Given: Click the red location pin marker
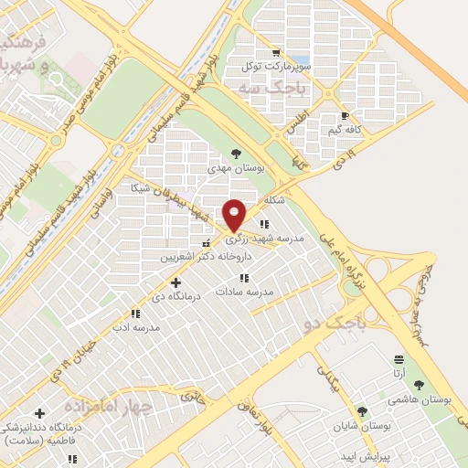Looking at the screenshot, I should click(234, 215).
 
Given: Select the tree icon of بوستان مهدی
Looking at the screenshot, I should click(237, 154).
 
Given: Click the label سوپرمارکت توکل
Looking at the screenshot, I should click(277, 67).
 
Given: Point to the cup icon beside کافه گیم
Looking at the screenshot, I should click(345, 116).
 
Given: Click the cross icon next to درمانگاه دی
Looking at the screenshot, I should click(176, 282).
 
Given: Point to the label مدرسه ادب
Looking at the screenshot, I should click(135, 326).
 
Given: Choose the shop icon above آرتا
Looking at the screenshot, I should click(399, 361).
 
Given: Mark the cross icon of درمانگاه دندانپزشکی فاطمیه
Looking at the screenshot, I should click(39, 413).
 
